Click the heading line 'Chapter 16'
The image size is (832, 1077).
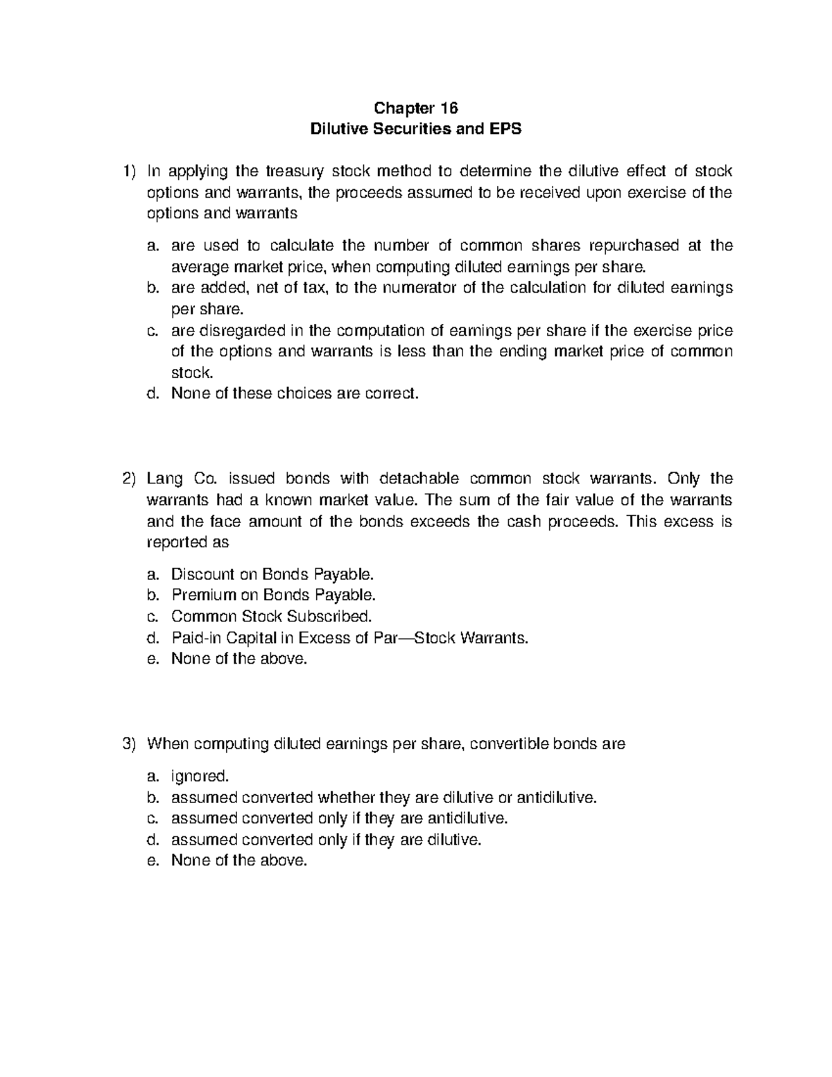click(x=416, y=108)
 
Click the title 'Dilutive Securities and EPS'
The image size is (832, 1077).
click(x=416, y=129)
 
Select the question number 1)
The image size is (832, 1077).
click(x=128, y=171)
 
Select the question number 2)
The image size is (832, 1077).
click(x=128, y=479)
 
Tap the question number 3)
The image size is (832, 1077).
click(x=128, y=744)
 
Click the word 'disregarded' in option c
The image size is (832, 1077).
click(x=230, y=330)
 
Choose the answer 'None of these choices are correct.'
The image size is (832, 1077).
click(x=295, y=394)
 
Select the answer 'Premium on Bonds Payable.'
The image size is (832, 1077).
click(x=274, y=595)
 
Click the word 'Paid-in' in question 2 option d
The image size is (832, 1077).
click(x=193, y=637)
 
